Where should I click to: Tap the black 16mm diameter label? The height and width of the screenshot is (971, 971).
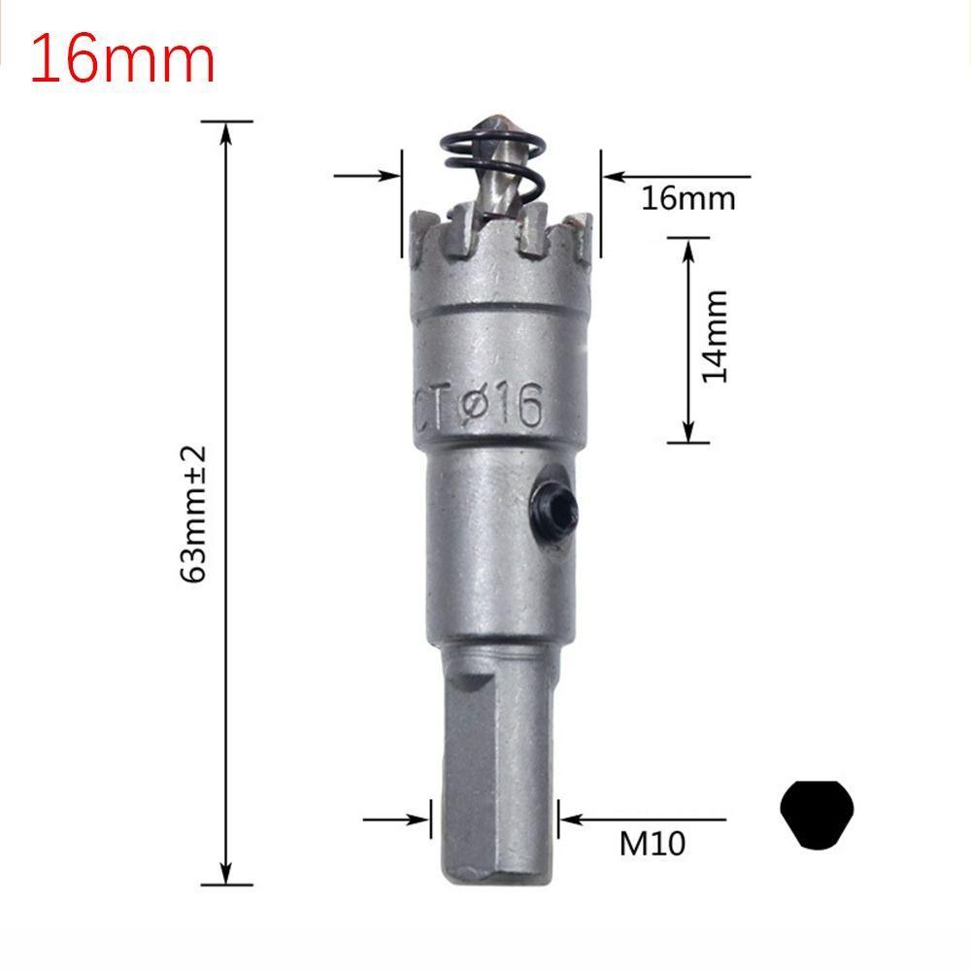[x=687, y=198]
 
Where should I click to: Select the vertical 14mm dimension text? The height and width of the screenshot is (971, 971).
[x=716, y=335]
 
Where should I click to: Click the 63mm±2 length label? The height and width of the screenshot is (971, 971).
[x=193, y=514]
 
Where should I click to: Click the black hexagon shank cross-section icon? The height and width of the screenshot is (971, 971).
[x=817, y=814]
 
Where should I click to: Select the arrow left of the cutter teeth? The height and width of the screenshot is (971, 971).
[x=388, y=177]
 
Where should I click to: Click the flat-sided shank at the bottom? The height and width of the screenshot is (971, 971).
[x=495, y=767]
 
